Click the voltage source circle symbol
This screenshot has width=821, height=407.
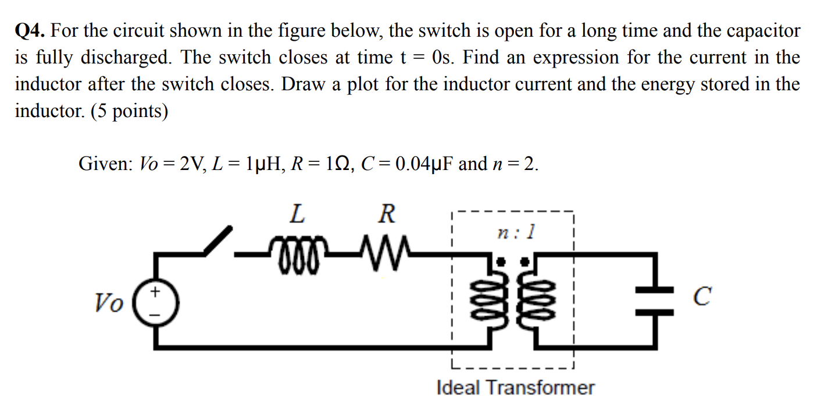tap(156, 302)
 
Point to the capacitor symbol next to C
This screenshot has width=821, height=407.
tap(654, 301)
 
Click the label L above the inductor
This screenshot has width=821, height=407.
tap(296, 215)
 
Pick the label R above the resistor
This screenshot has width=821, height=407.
tap(386, 215)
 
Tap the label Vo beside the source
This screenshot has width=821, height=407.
tap(109, 302)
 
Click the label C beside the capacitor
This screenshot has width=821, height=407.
tap(702, 296)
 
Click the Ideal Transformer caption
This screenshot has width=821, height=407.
tap(515, 387)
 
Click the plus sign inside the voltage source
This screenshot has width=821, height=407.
tap(156, 291)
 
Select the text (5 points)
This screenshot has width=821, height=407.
tap(129, 111)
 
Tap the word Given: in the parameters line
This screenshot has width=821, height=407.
tap(105, 164)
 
